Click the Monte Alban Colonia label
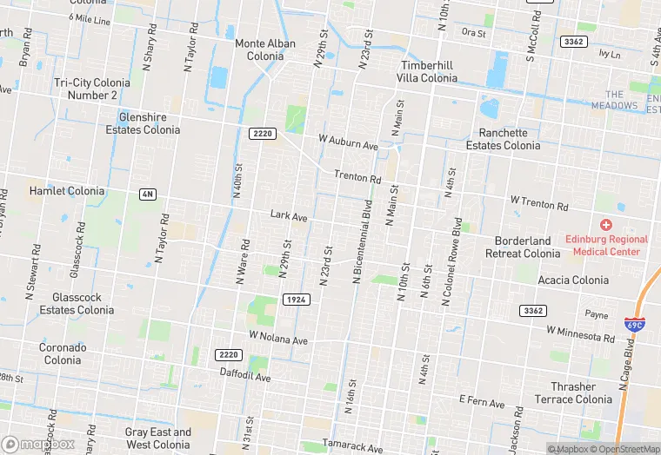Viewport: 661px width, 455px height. (265, 49)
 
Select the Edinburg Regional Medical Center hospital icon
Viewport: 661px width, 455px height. (606, 225)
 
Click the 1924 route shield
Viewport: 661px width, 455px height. (296, 300)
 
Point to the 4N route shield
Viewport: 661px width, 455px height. (147, 195)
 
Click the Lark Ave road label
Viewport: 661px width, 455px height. (289, 215)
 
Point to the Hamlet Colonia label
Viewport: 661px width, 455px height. (67, 191)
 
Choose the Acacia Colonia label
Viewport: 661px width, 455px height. (573, 280)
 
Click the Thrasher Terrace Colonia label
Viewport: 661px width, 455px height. (573, 392)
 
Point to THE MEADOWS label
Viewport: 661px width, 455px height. (615, 100)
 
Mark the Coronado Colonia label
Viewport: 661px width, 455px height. (63, 353)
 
